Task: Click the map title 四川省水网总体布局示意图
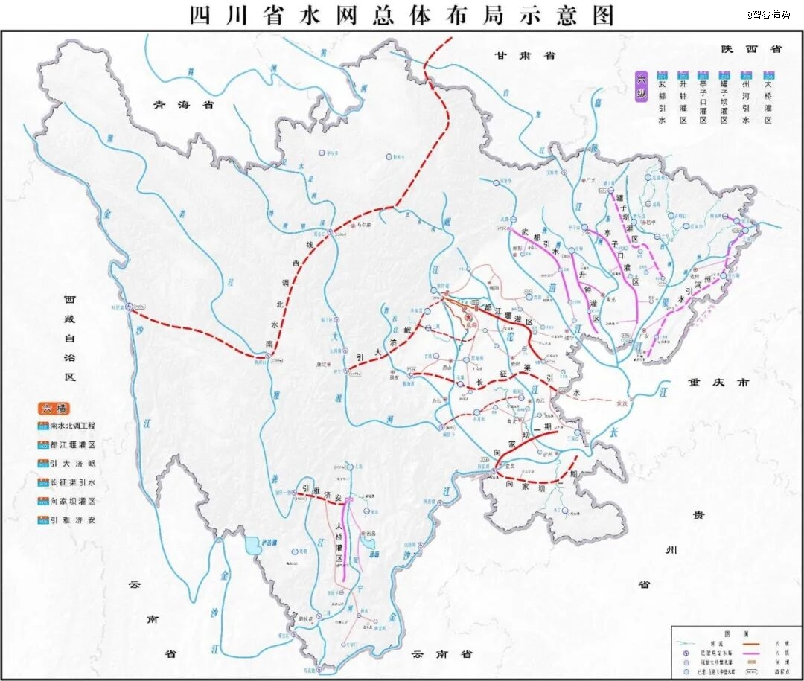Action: coord(402,15)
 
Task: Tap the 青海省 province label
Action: coord(183,105)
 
